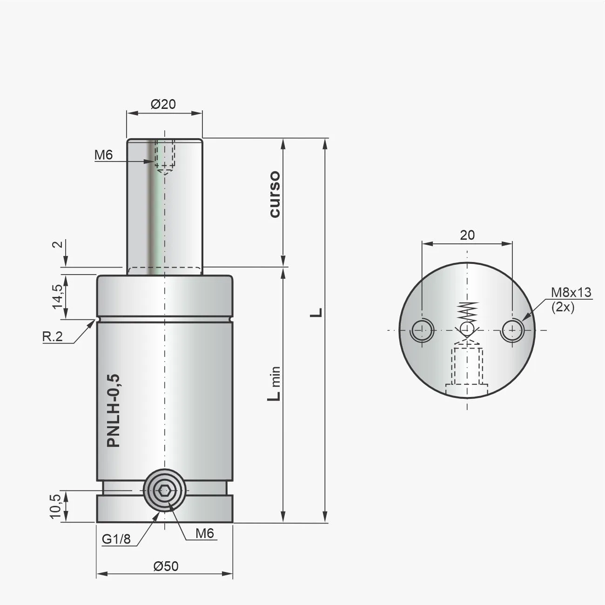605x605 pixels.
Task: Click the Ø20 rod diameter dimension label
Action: pyautogui.click(x=163, y=104)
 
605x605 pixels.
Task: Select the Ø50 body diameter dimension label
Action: pyautogui.click(x=166, y=566)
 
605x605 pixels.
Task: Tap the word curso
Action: pyautogui.click(x=275, y=194)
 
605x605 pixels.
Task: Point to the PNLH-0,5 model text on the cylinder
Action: pyautogui.click(x=114, y=410)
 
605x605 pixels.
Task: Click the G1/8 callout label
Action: pyautogui.click(x=116, y=539)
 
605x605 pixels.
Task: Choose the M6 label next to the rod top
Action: pyautogui.click(x=103, y=155)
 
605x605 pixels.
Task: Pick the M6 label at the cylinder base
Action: pyautogui.click(x=204, y=533)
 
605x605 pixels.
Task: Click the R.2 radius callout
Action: pyautogui.click(x=53, y=336)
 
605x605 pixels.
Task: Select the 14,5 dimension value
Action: pyautogui.click(x=57, y=296)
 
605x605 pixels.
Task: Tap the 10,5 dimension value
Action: pyautogui.click(x=55, y=506)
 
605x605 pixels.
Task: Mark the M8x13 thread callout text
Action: pyautogui.click(x=571, y=292)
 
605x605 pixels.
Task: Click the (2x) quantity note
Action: pyautogui.click(x=563, y=307)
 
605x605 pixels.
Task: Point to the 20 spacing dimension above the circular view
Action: pyautogui.click(x=467, y=235)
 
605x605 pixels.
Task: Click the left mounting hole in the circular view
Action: pyautogui.click(x=422, y=330)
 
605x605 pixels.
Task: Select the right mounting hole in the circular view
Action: pyautogui.click(x=512, y=330)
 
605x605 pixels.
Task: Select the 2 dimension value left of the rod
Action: pyautogui.click(x=57, y=245)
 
